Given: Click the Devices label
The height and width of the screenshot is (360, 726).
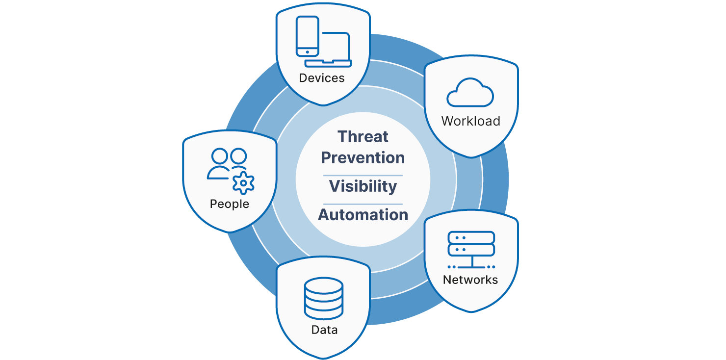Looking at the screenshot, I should coord(322,78).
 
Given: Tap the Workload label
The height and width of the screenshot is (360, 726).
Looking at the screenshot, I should coord(470,121).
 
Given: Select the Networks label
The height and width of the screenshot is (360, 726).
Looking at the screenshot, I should coord(470,280).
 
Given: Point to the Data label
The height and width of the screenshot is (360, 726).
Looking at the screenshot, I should coord(324,330).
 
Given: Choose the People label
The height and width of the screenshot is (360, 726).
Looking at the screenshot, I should coord(230,204).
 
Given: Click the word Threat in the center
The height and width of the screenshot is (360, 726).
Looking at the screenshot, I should coord(363,137).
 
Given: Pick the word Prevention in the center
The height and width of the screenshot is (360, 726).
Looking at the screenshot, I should coord(363,158).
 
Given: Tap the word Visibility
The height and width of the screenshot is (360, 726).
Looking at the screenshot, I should coord(363,186).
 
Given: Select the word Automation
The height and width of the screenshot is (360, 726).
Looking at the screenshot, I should coord(363,215).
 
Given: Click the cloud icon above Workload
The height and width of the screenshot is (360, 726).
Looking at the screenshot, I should coord(470,93).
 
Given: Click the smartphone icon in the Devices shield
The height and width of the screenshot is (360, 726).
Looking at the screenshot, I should coord(308,36).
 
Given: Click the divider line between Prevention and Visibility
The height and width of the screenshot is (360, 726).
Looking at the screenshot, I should coord(363,175).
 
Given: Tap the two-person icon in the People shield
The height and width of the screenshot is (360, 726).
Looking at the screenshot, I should coord(227,164).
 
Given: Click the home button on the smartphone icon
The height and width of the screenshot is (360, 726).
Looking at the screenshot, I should coord(308,51).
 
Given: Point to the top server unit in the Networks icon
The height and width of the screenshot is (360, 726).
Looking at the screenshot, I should coord(471,237).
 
